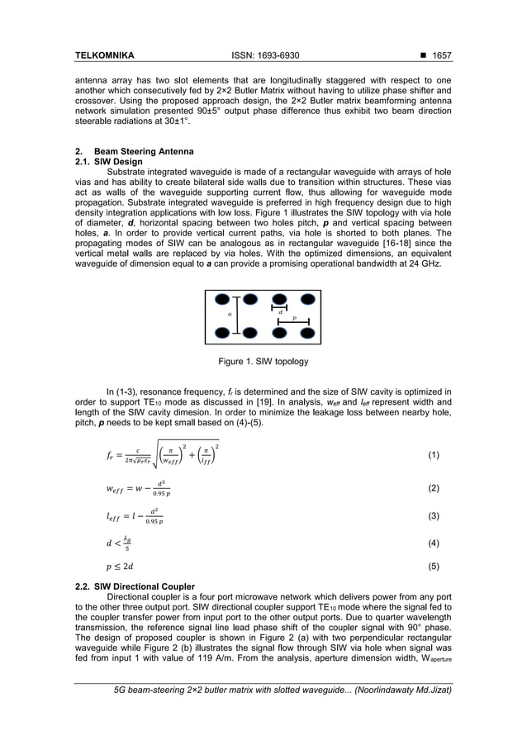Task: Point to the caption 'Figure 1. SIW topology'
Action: click(x=263, y=362)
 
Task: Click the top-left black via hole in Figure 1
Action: click(x=221, y=300)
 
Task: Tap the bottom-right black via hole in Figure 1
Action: click(x=308, y=333)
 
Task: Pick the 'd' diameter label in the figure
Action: click(x=280, y=311)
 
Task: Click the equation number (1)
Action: click(x=434, y=456)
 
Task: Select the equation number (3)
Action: click(x=434, y=516)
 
